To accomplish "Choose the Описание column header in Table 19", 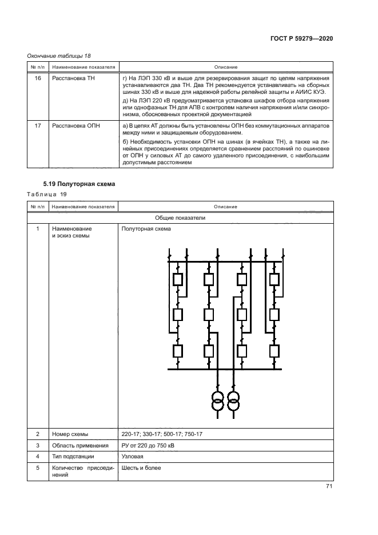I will coord(226,206).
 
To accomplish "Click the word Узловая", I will coord(132,457).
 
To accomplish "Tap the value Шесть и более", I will coord(141,468).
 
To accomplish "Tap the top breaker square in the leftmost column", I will coord(177,280).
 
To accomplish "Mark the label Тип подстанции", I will coord(73,457).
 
